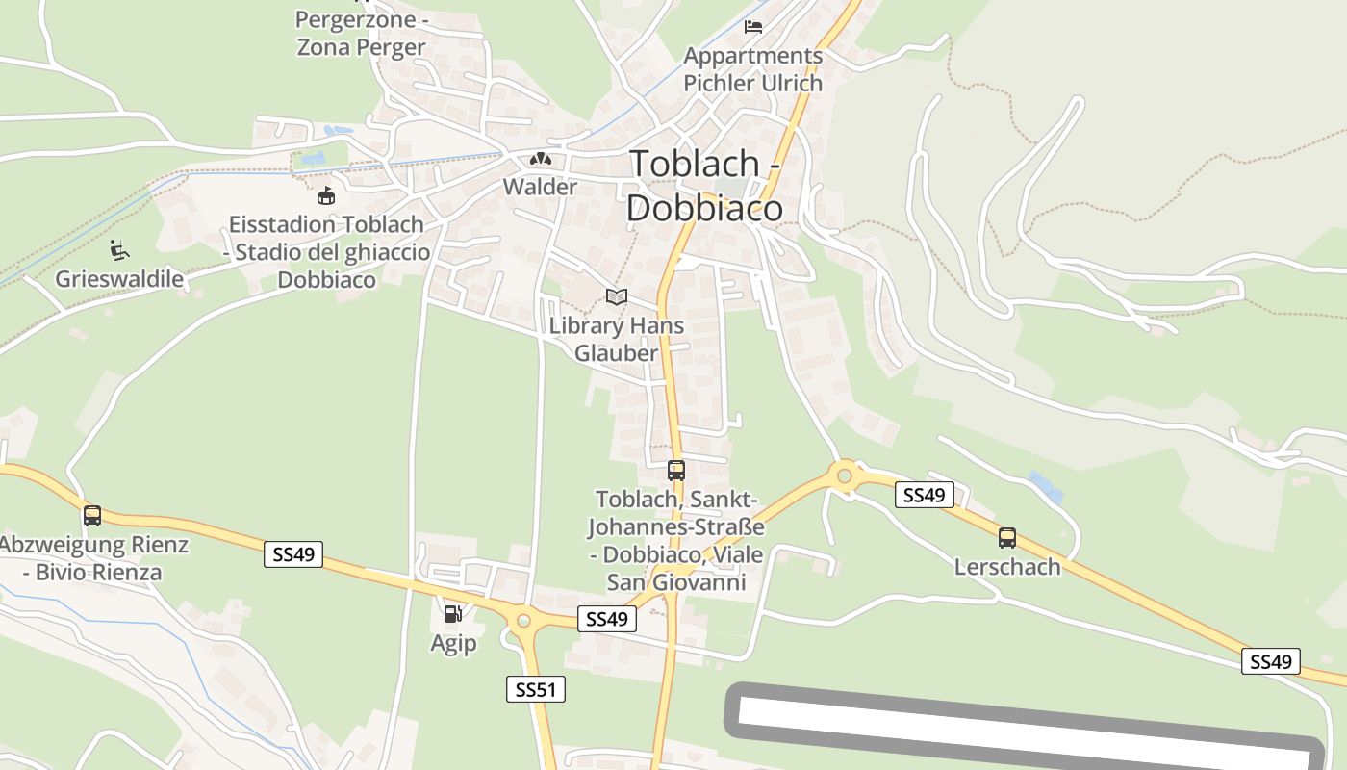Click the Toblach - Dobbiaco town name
[x=704, y=185]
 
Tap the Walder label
[x=541, y=187]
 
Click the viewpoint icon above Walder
[x=540, y=159]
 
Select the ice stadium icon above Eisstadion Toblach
[x=327, y=196]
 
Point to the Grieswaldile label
[x=119, y=279]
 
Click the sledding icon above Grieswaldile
[x=118, y=250]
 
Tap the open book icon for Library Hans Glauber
[x=617, y=297]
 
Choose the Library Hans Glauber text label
[x=617, y=339]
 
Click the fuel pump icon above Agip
[x=452, y=613]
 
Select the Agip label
[x=453, y=643]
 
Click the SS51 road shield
[x=536, y=689]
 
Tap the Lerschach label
[x=1007, y=566]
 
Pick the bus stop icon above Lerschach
[x=1007, y=538]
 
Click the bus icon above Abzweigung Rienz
[x=92, y=515]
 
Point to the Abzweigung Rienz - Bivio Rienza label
[x=92, y=558]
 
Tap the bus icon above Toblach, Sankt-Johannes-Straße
[x=676, y=471]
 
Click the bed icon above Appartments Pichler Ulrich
[x=753, y=27]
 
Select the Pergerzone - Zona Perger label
[x=361, y=34]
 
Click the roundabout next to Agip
[x=523, y=621]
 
